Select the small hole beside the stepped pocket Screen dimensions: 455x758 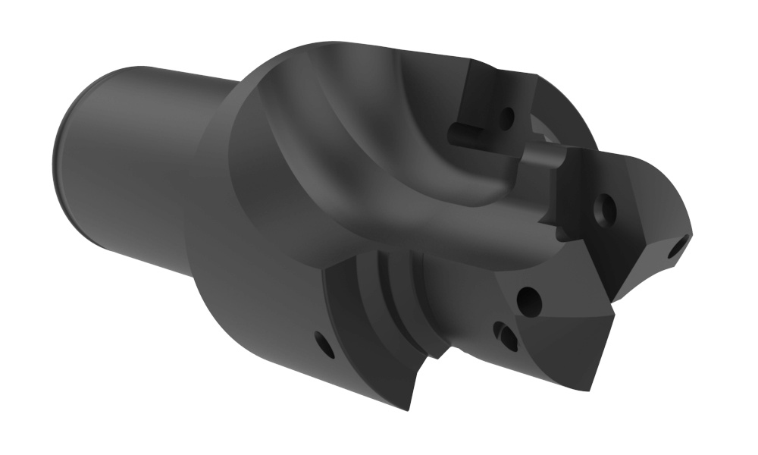[x=325, y=346]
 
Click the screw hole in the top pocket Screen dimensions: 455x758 [x=507, y=117]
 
